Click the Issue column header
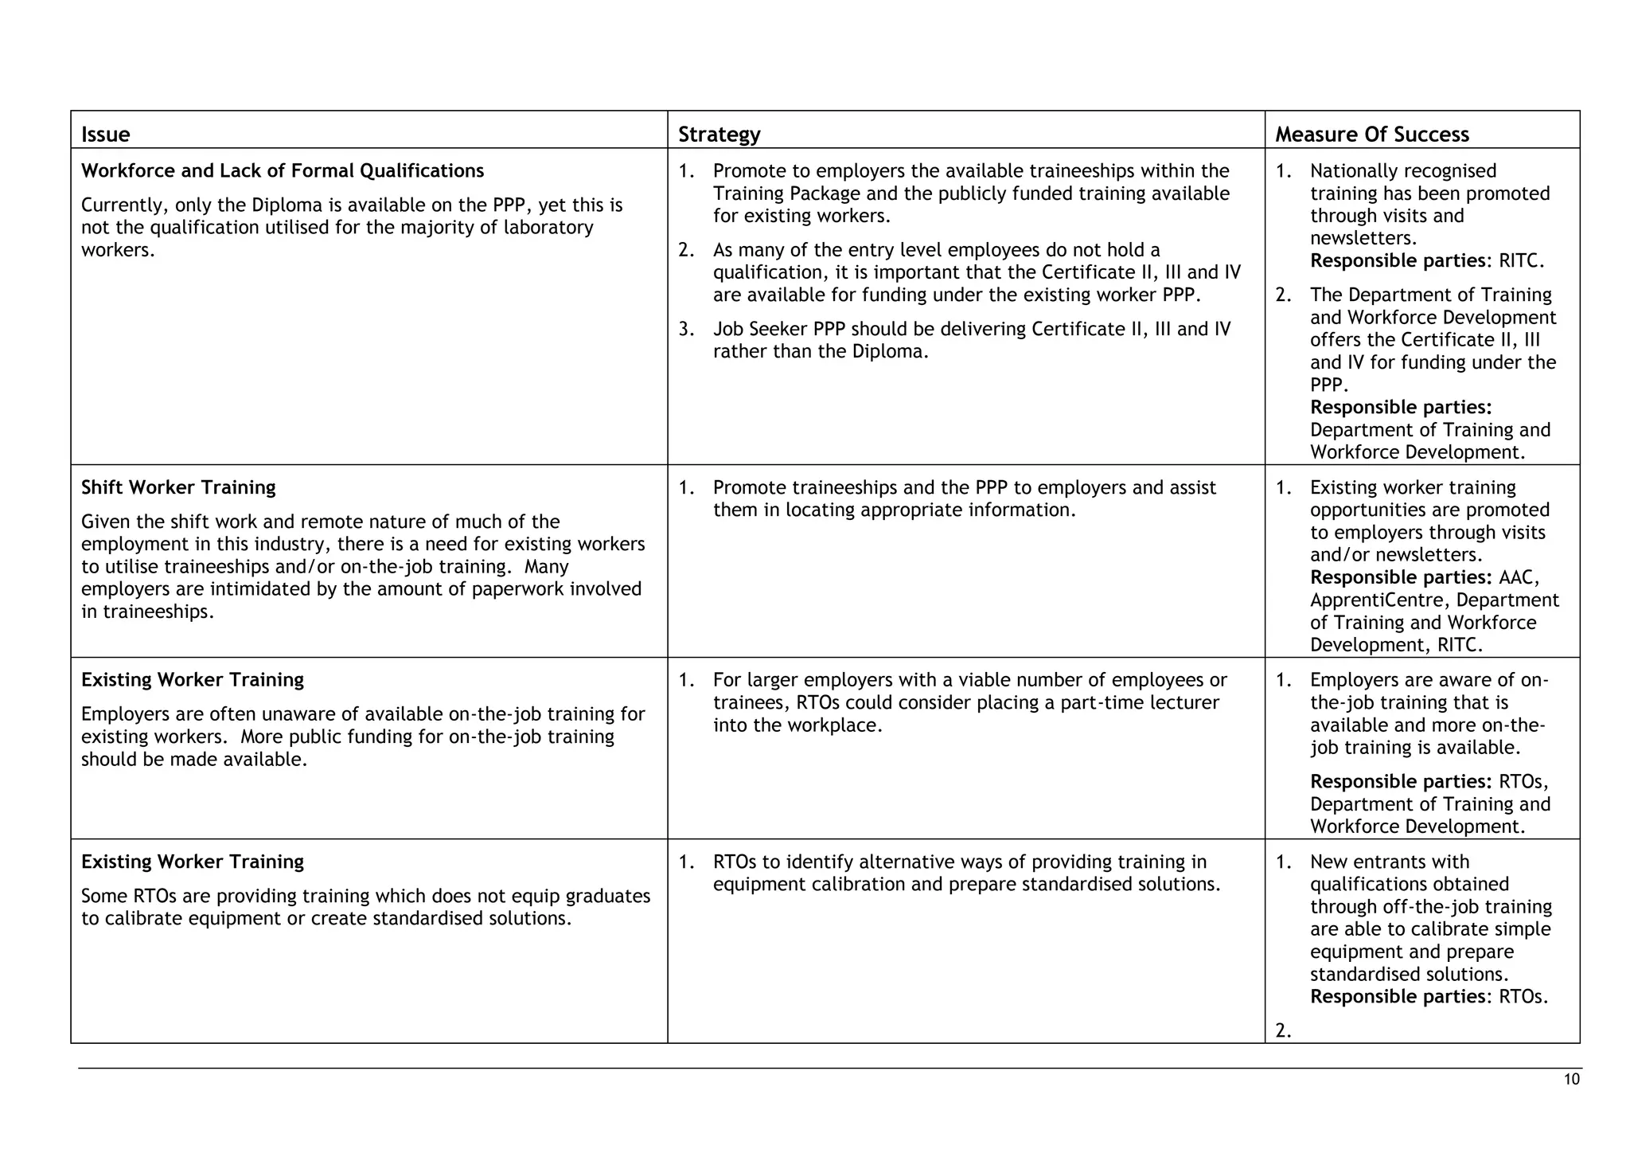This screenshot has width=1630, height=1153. [x=105, y=134]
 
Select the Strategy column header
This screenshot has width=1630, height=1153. [x=719, y=134]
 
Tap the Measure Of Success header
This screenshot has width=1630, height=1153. [x=1371, y=134]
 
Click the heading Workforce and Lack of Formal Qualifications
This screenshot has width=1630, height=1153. [x=283, y=170]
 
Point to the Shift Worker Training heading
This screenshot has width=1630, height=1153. [x=178, y=487]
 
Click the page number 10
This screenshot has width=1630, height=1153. [x=1571, y=1080]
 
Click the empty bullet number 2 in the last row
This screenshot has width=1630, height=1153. [x=1282, y=1030]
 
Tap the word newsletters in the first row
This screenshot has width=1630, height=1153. [x=1362, y=238]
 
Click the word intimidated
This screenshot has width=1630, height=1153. [x=263, y=589]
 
